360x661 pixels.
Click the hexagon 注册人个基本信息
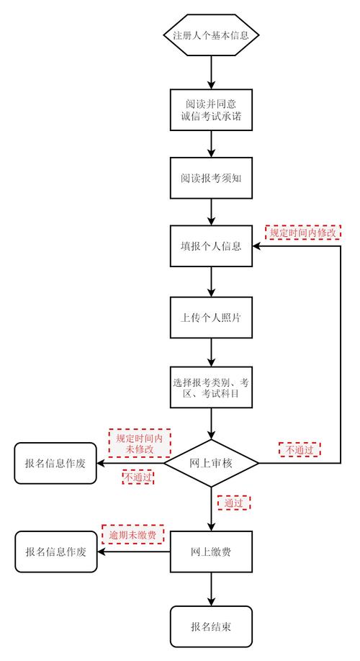[x=211, y=35]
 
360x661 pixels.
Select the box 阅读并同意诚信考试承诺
[x=211, y=109]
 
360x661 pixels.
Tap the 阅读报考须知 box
[x=211, y=178]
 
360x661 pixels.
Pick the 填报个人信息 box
[x=211, y=246]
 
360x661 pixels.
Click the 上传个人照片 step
[x=211, y=316]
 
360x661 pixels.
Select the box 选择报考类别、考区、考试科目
[x=211, y=389]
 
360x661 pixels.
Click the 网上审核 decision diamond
[x=211, y=462]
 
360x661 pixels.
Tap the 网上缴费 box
[x=211, y=552]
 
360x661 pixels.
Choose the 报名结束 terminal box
[x=211, y=626]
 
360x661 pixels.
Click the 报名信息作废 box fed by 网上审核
[x=55, y=463]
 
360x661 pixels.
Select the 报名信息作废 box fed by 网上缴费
[x=55, y=552]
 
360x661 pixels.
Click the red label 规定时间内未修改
[x=140, y=443]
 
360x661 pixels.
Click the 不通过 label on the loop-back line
[x=299, y=449]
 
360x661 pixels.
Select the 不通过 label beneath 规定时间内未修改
[x=138, y=477]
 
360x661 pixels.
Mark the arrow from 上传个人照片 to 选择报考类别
[x=211, y=353]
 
